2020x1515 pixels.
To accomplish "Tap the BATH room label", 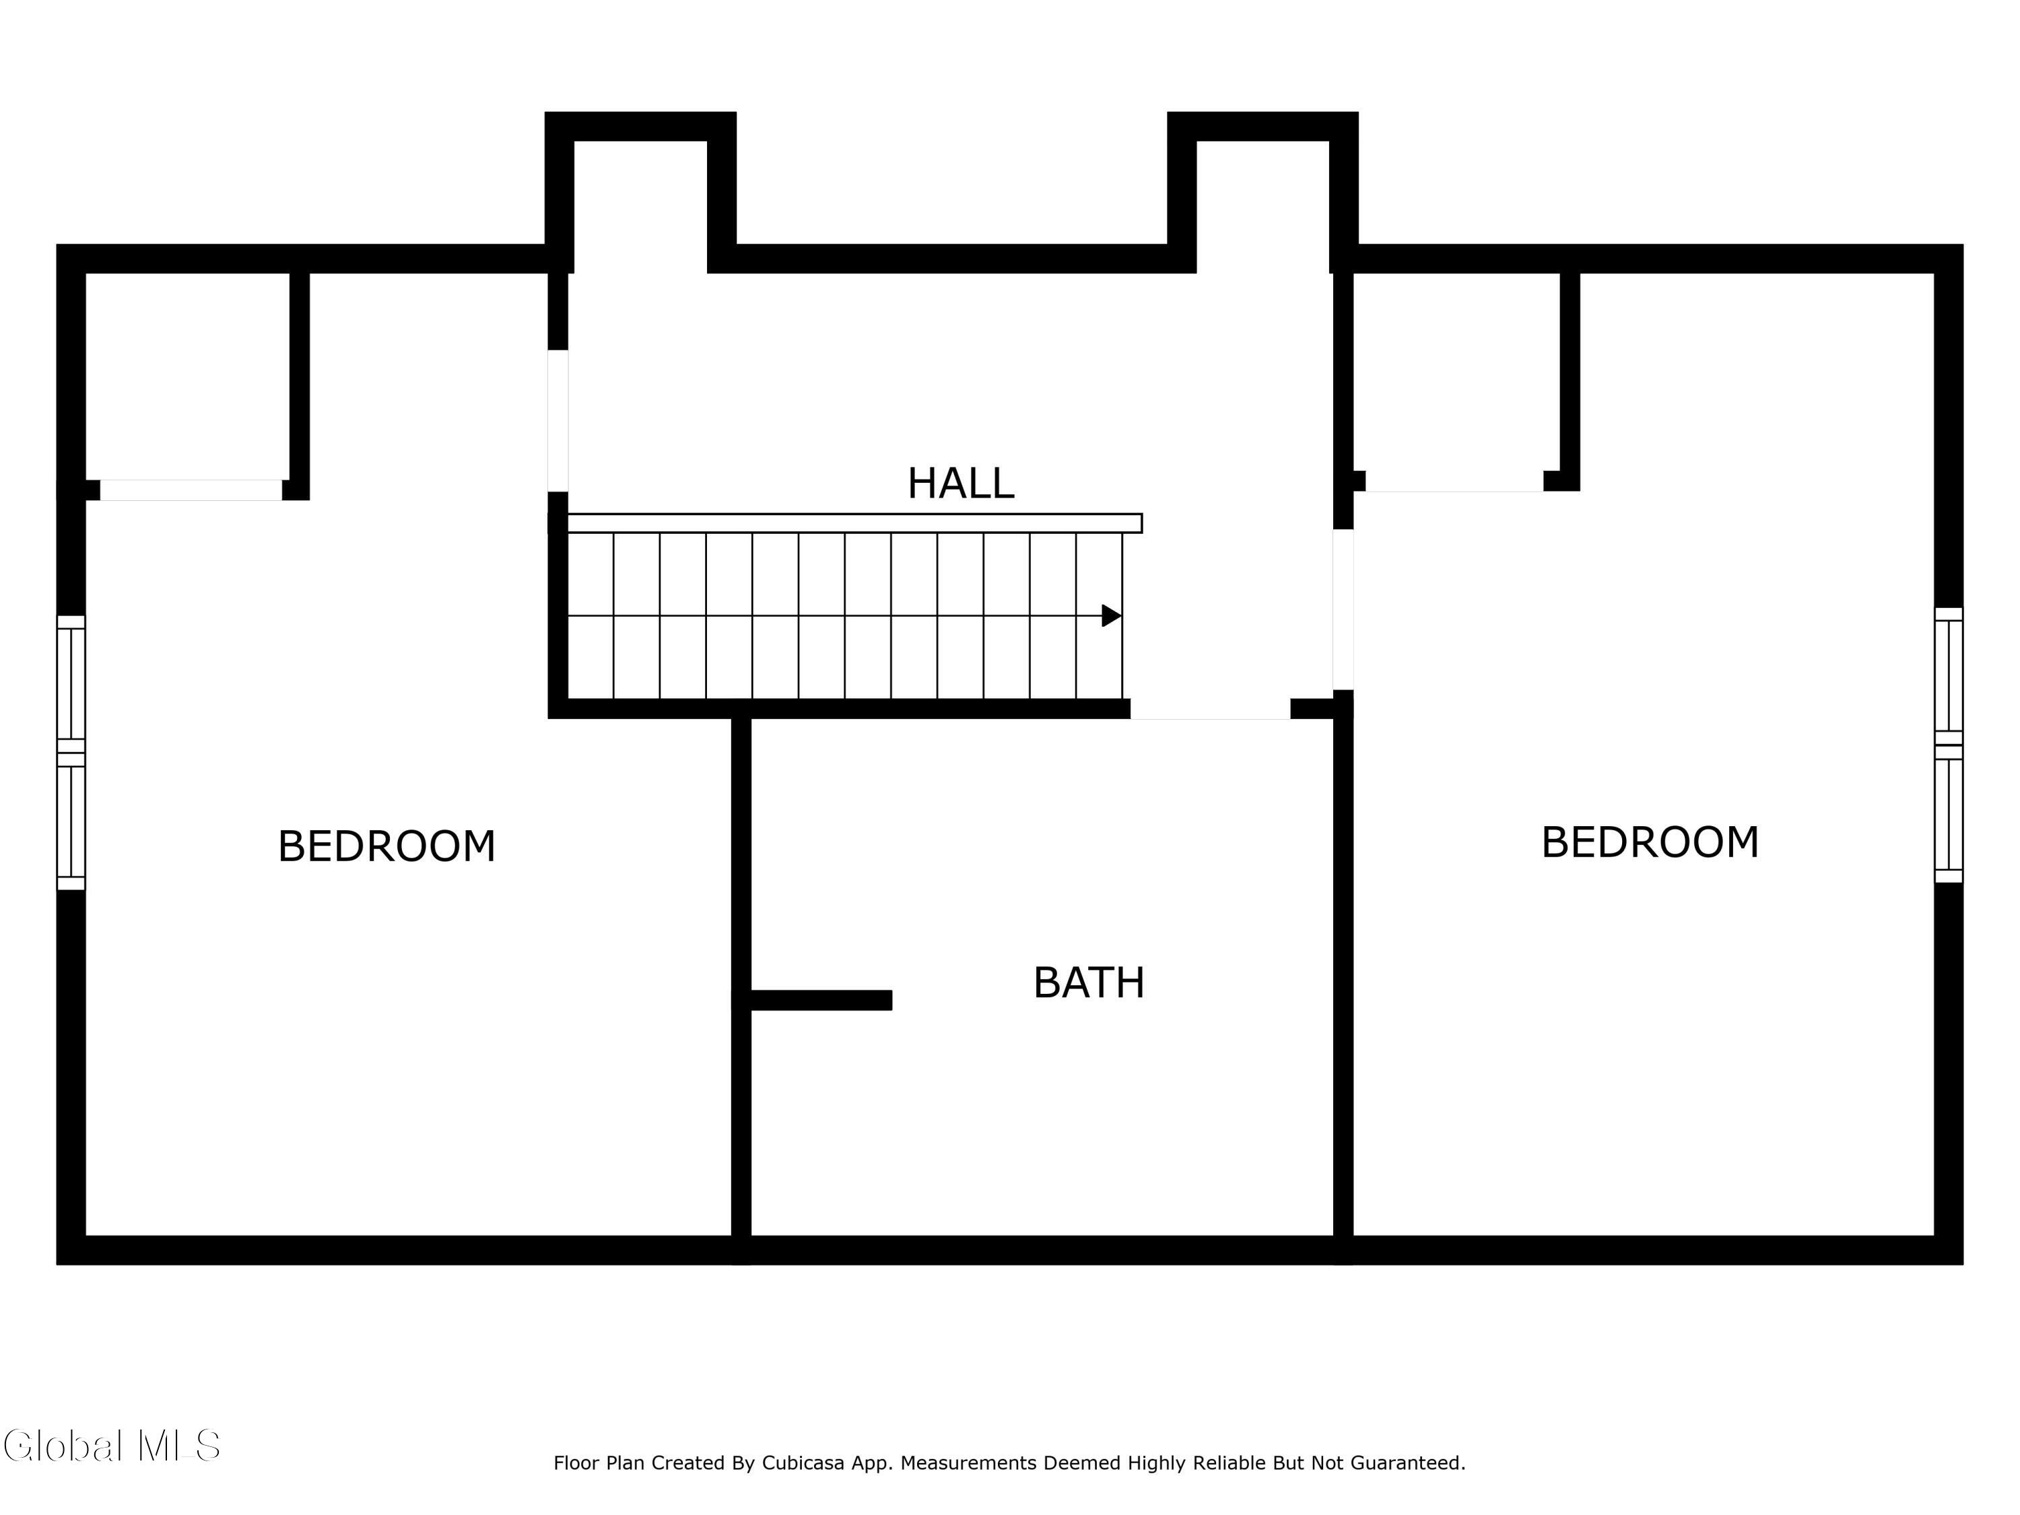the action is [1089, 982].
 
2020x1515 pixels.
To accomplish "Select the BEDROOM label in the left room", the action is [386, 846].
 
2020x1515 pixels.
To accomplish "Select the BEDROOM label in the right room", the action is [1649, 842].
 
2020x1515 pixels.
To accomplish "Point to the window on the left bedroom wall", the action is [71, 753].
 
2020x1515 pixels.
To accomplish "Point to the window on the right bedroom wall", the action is [1949, 745].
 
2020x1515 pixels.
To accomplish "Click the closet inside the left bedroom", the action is [187, 376].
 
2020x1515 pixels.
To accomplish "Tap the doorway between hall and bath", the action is [1210, 708].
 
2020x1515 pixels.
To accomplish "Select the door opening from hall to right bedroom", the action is [1343, 609].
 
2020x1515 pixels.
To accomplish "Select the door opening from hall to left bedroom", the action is [558, 420].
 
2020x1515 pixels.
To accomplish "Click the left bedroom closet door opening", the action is [191, 490].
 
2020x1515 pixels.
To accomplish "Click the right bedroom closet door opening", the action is [1454, 481].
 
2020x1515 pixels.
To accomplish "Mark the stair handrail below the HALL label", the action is [854, 523].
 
